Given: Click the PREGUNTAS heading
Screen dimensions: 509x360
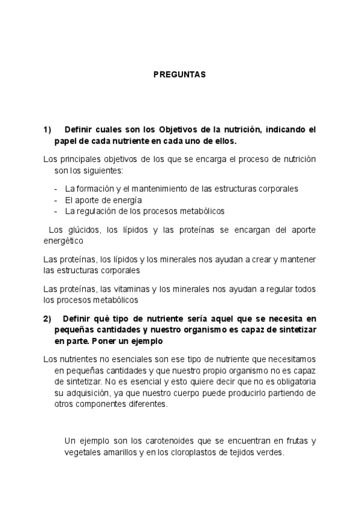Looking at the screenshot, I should pyautogui.click(x=179, y=75).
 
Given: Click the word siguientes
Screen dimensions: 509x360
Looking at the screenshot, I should pyautogui.click(x=103, y=170).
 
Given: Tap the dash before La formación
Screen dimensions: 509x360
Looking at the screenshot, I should pyautogui.click(x=56, y=188).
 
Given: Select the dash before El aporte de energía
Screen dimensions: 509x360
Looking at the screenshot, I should pyautogui.click(x=56, y=200).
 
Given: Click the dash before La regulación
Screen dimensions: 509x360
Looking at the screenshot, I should pyautogui.click(x=56, y=211).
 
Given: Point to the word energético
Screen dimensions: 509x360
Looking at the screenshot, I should pyautogui.click(x=64, y=241).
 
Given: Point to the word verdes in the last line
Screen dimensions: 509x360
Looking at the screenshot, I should pyautogui.click(x=268, y=453).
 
